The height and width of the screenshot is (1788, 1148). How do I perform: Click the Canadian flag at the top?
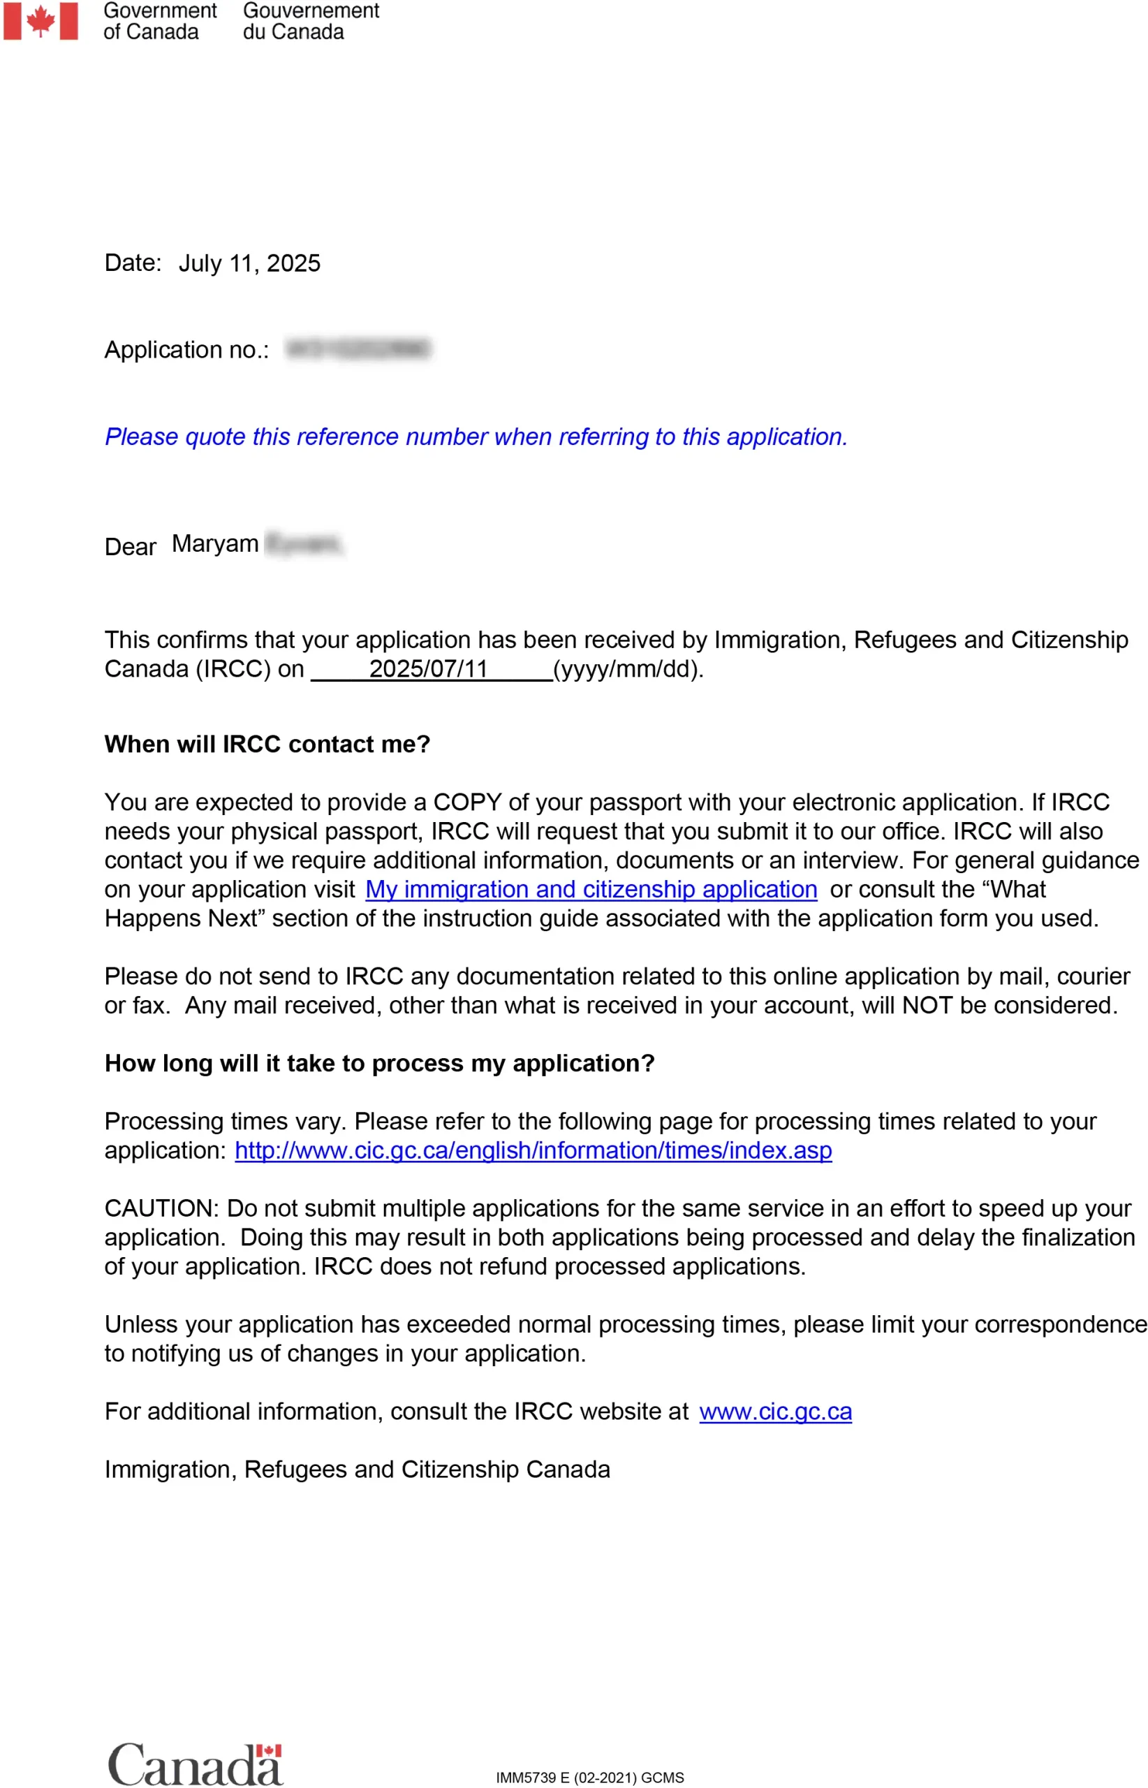[41, 21]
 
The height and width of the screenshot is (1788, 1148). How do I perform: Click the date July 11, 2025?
[249, 263]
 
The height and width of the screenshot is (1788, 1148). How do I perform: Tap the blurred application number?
[358, 349]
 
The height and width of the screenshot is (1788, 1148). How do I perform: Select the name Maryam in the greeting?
[214, 543]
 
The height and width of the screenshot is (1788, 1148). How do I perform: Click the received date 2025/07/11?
[428, 669]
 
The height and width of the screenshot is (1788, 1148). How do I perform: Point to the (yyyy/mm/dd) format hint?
[628, 669]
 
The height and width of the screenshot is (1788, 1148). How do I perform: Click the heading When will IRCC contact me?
[267, 744]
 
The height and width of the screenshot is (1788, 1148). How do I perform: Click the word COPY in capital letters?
[467, 803]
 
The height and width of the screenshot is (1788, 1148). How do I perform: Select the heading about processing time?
[378, 1063]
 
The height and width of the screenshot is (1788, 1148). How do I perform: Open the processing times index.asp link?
[533, 1150]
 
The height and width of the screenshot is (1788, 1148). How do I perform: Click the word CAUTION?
[161, 1209]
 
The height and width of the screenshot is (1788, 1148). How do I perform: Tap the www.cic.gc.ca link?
[775, 1412]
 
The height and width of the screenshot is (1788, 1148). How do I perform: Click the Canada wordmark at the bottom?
[196, 1764]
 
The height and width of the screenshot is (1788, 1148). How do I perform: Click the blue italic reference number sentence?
[476, 437]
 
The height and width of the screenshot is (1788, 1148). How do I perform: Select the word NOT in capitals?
[927, 1006]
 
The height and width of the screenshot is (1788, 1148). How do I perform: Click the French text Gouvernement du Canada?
[310, 21]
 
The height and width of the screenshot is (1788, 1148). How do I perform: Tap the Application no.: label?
[186, 350]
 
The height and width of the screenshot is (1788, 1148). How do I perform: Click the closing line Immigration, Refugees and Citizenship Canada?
[357, 1470]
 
